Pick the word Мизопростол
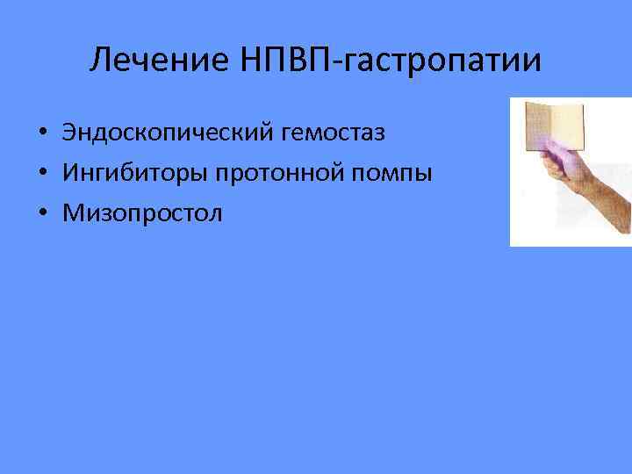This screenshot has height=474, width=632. pyautogui.click(x=142, y=212)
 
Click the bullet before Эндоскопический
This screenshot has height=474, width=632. pyautogui.click(x=41, y=134)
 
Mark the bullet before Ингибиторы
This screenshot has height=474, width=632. pyautogui.click(x=41, y=174)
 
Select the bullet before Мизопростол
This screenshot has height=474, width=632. pyautogui.click(x=41, y=213)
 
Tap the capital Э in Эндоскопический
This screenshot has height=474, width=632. pyautogui.click(x=68, y=133)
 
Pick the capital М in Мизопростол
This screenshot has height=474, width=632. pyautogui.click(x=71, y=212)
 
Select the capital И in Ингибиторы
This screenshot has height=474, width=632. pyautogui.click(x=69, y=173)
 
